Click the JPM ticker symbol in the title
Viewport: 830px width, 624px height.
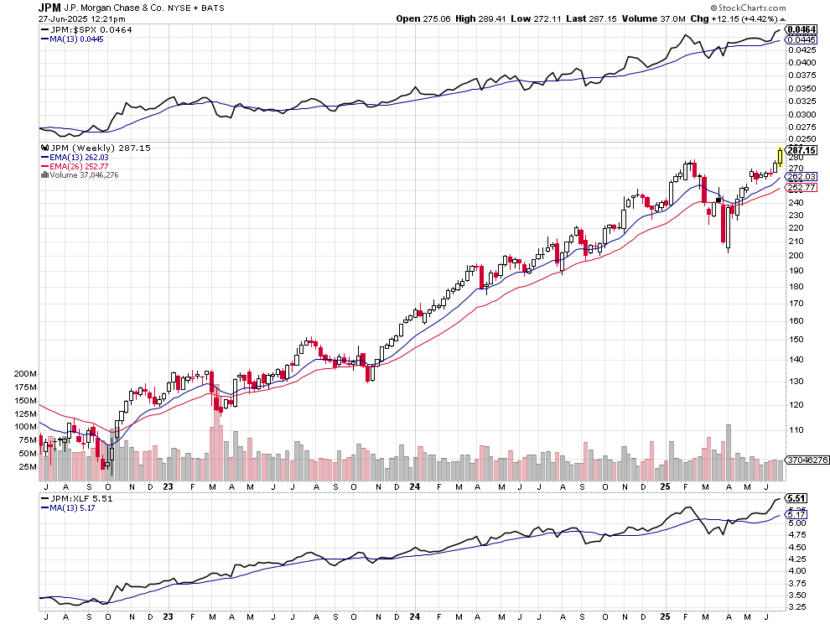click(49, 7)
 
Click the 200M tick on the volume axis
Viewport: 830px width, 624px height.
click(26, 374)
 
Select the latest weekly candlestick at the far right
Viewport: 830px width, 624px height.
click(781, 155)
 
